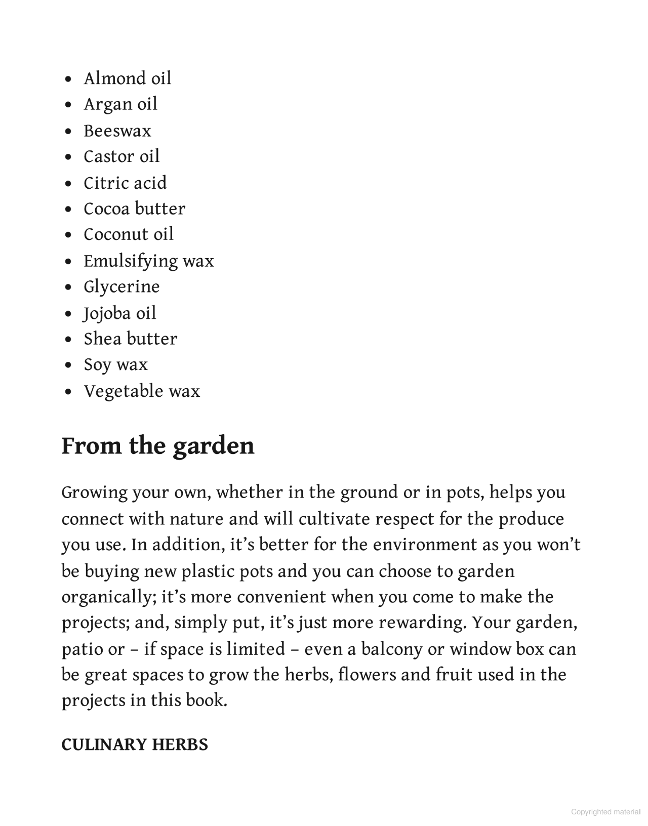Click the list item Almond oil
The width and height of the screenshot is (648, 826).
click(x=128, y=78)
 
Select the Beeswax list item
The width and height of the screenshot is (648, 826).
click(x=117, y=131)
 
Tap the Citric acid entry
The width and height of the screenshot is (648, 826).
click(x=125, y=183)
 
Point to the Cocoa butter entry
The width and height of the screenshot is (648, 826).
click(x=135, y=209)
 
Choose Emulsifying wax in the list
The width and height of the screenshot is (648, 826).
click(x=149, y=261)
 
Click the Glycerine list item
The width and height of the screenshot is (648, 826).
click(x=121, y=287)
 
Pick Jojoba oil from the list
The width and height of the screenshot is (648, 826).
click(x=120, y=313)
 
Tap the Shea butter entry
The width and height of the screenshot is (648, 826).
click(x=131, y=339)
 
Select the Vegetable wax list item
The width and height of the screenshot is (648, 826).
click(x=142, y=391)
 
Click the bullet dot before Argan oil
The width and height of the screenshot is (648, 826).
click(x=69, y=105)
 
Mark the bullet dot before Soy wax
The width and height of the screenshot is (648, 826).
click(x=69, y=365)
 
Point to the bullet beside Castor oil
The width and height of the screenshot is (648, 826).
click(x=69, y=157)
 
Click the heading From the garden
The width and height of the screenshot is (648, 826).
click(x=158, y=446)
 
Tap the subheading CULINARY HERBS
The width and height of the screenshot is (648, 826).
click(x=135, y=745)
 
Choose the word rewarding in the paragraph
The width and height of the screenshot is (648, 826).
click(x=422, y=623)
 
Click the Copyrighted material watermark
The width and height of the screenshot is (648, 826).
click(x=605, y=812)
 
